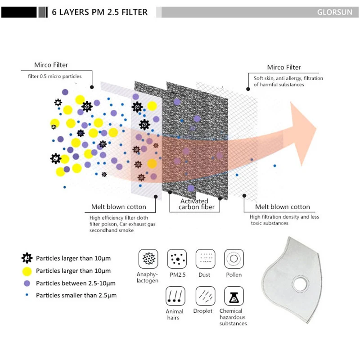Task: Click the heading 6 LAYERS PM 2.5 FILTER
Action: click(99, 12)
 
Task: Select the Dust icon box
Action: click(205, 259)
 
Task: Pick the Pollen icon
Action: click(234, 259)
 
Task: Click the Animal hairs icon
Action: click(175, 296)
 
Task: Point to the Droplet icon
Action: click(205, 296)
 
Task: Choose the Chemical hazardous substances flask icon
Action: click(234, 296)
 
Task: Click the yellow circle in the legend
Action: click(27, 271)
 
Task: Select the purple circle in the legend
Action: click(27, 283)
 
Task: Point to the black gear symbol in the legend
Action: click(27, 258)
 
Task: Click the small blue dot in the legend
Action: click(27, 295)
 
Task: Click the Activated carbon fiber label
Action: click(193, 204)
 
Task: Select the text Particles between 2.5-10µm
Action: click(76, 283)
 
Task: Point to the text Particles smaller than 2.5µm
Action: click(76, 295)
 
